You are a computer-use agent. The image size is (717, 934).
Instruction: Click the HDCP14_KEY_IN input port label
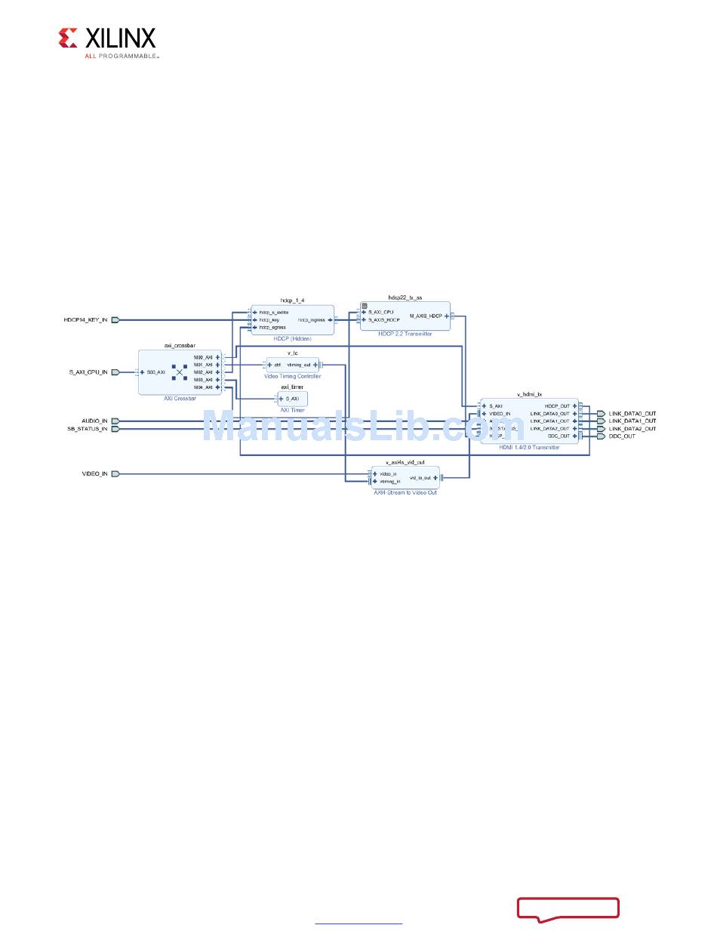[x=85, y=319]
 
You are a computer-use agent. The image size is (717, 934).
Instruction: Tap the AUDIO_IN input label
[x=94, y=421]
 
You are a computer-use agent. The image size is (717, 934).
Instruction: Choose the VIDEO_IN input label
[x=94, y=473]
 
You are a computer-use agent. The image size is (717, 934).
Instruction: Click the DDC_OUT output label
[x=623, y=436]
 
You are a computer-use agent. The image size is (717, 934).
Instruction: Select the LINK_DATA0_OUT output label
[x=632, y=413]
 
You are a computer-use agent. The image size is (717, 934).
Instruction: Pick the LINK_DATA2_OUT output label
[x=632, y=429]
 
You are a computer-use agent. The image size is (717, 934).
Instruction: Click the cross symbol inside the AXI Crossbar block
[x=180, y=372]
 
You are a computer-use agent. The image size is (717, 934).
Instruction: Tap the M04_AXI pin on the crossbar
[x=204, y=387]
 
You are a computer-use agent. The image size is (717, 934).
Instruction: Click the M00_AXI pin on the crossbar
[x=204, y=357]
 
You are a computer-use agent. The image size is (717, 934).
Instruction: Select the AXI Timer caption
[x=292, y=410]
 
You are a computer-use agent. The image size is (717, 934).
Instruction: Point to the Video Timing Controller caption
[x=293, y=376]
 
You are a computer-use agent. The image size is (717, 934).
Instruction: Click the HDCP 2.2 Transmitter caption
[x=405, y=334]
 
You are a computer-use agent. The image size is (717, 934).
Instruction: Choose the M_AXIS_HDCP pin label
[x=426, y=316]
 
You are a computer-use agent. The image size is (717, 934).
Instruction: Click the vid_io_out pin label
[x=420, y=477]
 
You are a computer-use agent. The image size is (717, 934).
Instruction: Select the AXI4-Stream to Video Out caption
[x=405, y=492]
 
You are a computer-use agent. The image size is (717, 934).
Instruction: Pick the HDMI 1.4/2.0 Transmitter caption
[x=529, y=447]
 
